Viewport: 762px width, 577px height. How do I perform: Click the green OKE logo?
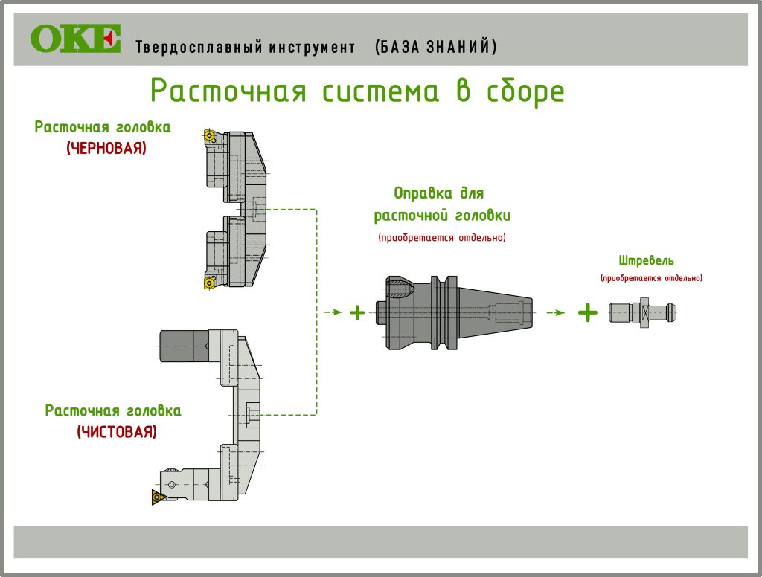click(74, 39)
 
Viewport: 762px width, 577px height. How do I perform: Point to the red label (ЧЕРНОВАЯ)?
click(106, 149)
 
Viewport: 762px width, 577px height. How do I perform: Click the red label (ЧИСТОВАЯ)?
click(117, 432)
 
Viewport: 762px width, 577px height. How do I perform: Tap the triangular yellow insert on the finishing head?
click(158, 497)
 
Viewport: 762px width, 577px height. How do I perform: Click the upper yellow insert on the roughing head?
click(208, 136)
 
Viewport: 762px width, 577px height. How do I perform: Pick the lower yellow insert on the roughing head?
click(209, 282)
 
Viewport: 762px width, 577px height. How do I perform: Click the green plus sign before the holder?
click(357, 312)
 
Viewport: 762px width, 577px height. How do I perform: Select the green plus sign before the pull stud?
click(588, 312)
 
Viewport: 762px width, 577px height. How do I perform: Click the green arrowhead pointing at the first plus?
click(339, 312)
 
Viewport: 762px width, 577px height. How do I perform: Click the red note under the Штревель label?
click(651, 278)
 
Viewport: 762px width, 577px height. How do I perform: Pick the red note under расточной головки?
click(442, 238)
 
